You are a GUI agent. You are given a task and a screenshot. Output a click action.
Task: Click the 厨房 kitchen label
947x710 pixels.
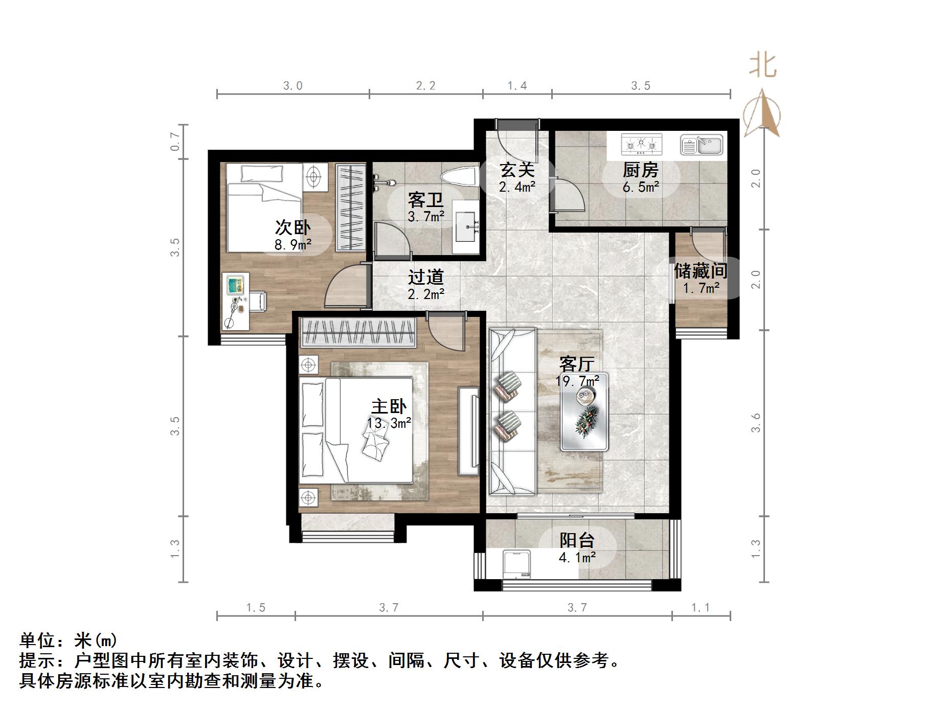pos(640,170)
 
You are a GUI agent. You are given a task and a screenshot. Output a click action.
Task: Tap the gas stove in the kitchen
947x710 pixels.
pos(641,144)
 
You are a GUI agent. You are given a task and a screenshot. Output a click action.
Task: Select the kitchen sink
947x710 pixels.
pos(702,145)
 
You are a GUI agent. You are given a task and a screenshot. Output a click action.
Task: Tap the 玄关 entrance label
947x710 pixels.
pos(517,170)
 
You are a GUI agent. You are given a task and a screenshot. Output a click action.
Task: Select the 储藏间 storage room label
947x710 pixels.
pos(701,270)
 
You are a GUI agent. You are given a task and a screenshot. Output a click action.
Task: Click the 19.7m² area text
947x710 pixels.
pos(577,381)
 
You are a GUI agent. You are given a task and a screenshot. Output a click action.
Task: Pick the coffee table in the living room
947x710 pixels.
pos(584,412)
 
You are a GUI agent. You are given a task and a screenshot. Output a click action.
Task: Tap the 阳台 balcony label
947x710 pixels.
pos(577,540)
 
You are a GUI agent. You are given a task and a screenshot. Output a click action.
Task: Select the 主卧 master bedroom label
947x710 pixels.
pos(389,407)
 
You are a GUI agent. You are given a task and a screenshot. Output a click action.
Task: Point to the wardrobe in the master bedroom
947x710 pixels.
pos(358,332)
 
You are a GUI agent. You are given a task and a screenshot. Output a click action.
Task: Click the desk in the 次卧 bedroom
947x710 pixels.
pos(236,301)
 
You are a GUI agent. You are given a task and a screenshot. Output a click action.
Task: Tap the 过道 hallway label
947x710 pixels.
pos(425,277)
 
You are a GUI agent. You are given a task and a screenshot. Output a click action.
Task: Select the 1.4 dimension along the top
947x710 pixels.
pos(517,85)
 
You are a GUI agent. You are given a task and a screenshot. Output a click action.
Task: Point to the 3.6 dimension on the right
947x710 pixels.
pos(756,423)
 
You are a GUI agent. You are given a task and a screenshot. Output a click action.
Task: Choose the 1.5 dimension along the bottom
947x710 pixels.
pos(256,608)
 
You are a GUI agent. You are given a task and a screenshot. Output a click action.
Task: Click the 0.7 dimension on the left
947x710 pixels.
pos(175,142)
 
